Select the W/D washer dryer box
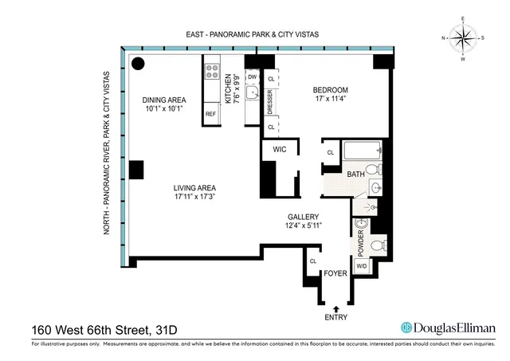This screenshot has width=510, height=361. [361, 266]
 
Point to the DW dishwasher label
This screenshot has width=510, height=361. [252, 77]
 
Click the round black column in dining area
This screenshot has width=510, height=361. [138, 65]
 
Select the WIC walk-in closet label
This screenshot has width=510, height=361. [279, 148]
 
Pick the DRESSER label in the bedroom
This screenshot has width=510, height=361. [271, 102]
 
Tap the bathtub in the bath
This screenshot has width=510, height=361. [363, 151]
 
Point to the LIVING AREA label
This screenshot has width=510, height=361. [196, 189]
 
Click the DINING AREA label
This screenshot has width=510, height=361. [163, 100]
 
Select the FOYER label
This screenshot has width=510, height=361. [335, 274]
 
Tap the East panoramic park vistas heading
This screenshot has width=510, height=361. [257, 35]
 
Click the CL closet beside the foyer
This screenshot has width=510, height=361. [312, 261]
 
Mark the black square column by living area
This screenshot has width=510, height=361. [136, 170]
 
